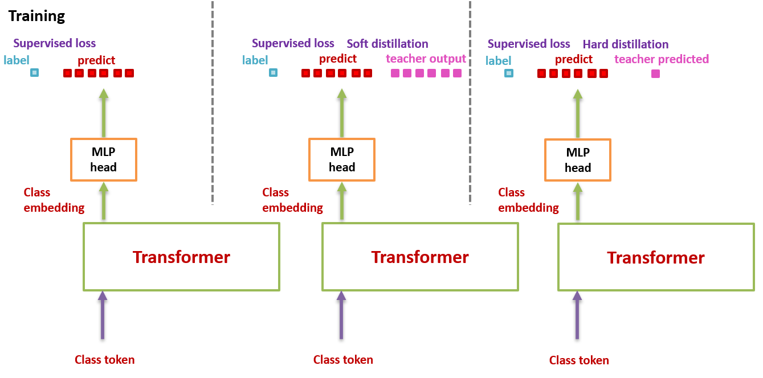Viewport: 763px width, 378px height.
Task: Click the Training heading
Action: tap(36, 16)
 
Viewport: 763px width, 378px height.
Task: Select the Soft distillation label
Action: tap(387, 44)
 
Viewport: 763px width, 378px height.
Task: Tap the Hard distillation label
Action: tap(625, 44)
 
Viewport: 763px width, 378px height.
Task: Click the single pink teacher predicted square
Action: tap(655, 73)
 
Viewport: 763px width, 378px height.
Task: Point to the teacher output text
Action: tap(426, 59)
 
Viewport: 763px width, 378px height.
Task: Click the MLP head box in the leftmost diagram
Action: tap(104, 159)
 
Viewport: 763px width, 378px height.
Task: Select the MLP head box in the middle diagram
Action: tap(342, 159)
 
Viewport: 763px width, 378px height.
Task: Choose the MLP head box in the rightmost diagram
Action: tap(578, 160)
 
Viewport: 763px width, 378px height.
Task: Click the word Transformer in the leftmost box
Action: tap(181, 257)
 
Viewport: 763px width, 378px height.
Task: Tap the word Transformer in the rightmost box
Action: tap(655, 257)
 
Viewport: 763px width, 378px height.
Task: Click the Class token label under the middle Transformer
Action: tap(343, 360)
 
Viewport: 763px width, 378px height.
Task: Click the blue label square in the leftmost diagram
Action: tap(35, 73)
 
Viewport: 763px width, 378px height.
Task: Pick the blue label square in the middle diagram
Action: tap(274, 73)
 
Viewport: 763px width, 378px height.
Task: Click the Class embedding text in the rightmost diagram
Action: tap(528, 200)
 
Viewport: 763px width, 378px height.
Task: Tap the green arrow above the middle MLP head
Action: tap(342, 113)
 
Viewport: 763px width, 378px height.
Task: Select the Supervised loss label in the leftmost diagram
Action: tap(55, 43)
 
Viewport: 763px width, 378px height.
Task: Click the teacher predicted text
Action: tap(662, 59)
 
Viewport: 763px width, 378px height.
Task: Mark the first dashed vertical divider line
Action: tap(213, 102)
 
